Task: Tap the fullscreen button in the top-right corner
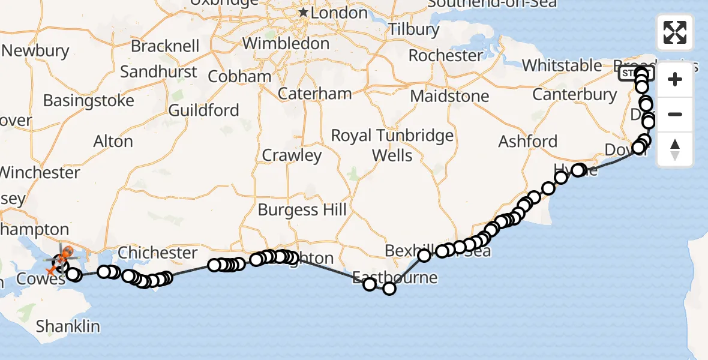(675, 32)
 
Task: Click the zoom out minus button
(675, 114)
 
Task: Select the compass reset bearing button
(675, 149)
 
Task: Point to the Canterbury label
(574, 95)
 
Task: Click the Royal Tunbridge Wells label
(392, 145)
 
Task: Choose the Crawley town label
(292, 155)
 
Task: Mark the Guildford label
(204, 110)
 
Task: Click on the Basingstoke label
(88, 100)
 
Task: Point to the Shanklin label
(68, 326)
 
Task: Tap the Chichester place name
(158, 253)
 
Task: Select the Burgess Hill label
(302, 210)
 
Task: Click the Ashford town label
(528, 142)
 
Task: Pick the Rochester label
(445, 56)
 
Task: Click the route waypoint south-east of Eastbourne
(389, 289)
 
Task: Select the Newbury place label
(36, 50)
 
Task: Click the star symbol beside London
(304, 13)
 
